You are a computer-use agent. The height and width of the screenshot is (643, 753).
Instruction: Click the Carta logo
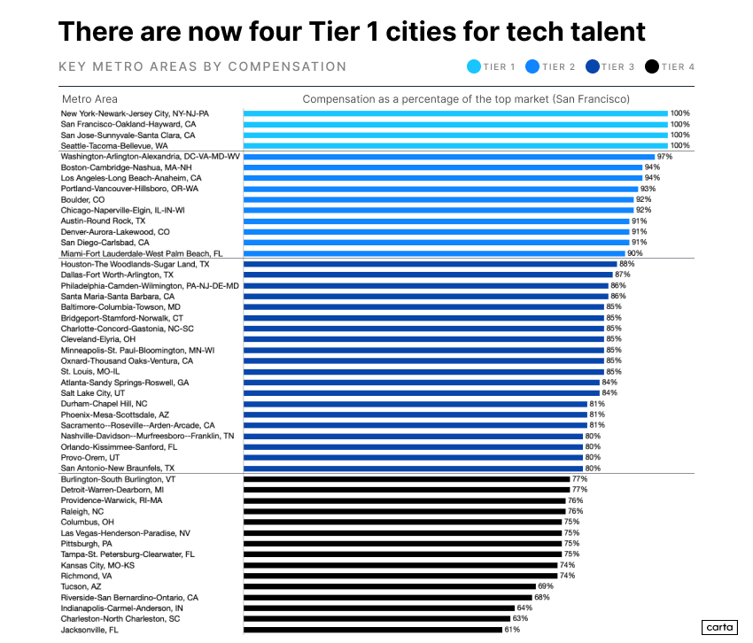[x=720, y=627]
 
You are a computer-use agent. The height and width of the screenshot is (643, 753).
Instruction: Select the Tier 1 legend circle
[x=473, y=66]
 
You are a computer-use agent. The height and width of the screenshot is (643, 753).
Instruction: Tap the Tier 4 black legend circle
[x=651, y=66]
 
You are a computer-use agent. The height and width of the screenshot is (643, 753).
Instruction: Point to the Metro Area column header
[x=89, y=99]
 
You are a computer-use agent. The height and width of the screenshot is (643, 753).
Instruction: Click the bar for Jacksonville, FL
[x=372, y=630]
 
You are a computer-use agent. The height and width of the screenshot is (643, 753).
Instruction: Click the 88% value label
[x=626, y=264]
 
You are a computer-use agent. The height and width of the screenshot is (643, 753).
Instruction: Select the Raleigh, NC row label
[x=82, y=511]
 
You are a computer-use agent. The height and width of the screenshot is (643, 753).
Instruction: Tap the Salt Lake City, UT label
[x=93, y=392]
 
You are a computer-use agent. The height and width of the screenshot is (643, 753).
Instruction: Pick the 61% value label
[x=512, y=630]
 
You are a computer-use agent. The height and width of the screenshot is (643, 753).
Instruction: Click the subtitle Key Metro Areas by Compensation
[x=202, y=66]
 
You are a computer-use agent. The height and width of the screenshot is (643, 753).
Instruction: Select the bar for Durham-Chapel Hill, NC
[x=415, y=404]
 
